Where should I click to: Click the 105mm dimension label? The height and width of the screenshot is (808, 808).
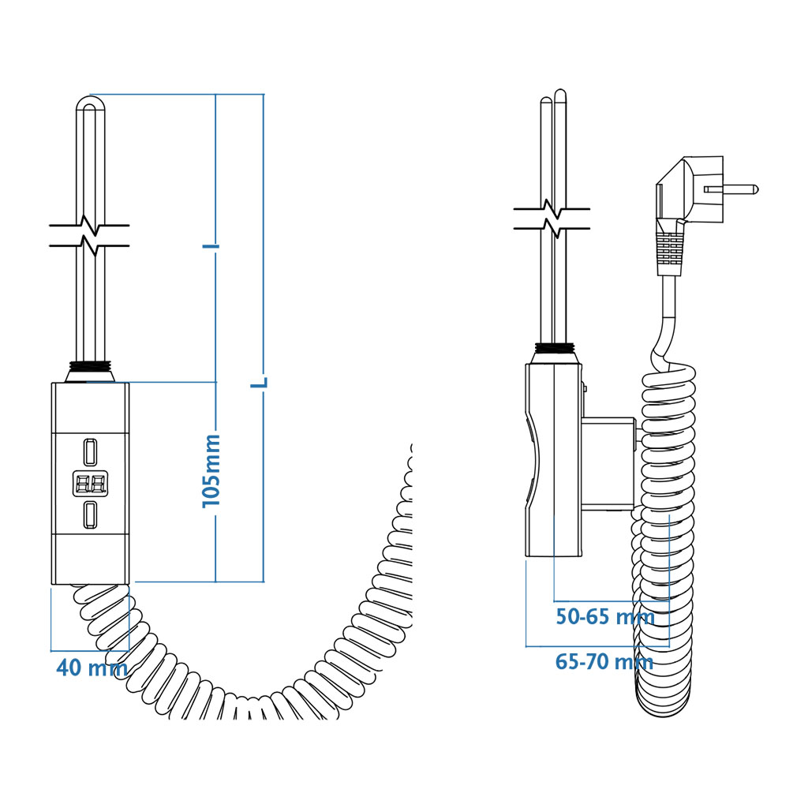[x=211, y=470]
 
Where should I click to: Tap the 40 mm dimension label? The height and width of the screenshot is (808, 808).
[x=92, y=668]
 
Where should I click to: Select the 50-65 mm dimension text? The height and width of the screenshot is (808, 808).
[x=605, y=616]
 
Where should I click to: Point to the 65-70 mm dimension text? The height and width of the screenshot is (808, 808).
[x=604, y=662]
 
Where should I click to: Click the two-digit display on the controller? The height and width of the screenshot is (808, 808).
[x=91, y=484]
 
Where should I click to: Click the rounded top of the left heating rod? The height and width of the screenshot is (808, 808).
[x=91, y=102]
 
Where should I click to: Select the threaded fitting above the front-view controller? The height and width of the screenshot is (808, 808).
[x=91, y=371]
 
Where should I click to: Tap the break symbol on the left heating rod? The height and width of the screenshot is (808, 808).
[x=90, y=235]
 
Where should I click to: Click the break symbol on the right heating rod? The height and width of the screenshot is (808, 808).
[x=552, y=219]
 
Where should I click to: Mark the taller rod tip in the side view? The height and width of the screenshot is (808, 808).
[x=561, y=95]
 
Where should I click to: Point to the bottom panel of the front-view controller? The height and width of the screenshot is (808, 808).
[x=90, y=559]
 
